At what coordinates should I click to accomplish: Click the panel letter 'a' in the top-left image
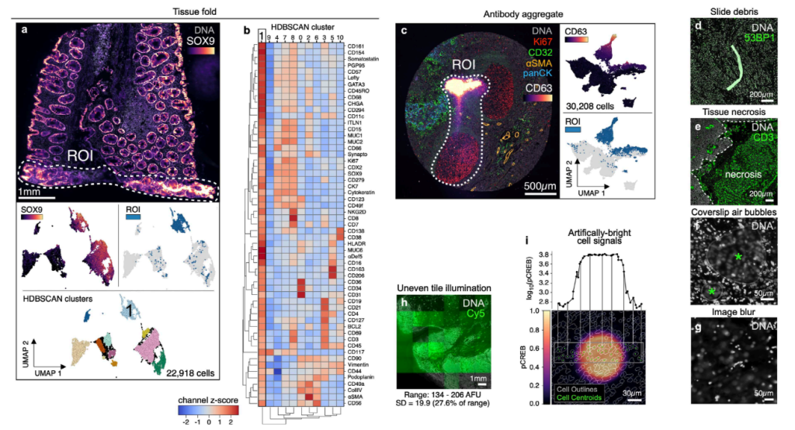pos(26,32)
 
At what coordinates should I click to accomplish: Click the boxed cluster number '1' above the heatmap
pos(262,33)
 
